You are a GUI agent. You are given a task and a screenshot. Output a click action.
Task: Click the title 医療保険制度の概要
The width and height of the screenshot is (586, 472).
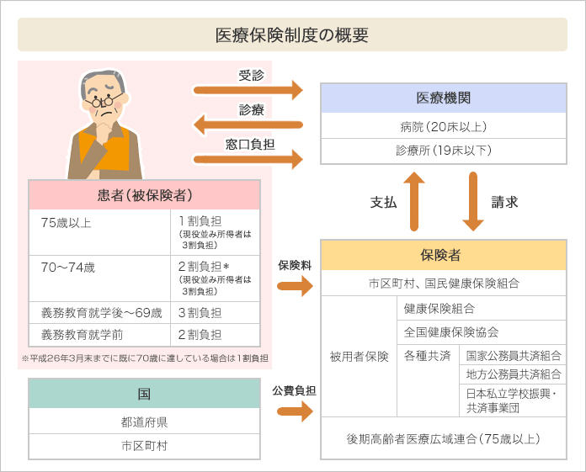point(292,35)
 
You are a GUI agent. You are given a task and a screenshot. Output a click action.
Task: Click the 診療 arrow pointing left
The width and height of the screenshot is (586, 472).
point(248,125)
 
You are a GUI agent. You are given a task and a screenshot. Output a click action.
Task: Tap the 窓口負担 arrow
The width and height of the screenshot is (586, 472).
point(248,158)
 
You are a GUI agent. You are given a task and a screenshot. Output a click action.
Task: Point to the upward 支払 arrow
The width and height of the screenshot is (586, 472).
point(414,201)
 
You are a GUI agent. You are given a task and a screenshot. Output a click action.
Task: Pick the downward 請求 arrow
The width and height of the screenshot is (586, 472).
point(473,201)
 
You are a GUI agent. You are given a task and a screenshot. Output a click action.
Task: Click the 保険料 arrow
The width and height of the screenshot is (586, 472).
point(294,286)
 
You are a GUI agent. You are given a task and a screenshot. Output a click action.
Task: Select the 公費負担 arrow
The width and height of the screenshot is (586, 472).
point(294,411)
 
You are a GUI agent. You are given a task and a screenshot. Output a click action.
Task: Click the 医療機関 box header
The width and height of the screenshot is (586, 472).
point(444,98)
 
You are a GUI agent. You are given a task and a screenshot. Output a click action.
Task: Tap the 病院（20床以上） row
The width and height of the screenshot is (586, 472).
point(444,127)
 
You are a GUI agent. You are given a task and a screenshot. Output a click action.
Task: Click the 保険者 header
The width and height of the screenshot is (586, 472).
point(444,255)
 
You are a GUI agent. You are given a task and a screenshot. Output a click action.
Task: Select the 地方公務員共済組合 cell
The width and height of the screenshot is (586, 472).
point(513,374)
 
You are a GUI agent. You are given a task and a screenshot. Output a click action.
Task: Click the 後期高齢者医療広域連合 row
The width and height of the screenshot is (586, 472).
point(444,438)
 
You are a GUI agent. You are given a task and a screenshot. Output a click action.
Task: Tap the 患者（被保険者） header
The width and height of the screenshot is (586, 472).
point(144,195)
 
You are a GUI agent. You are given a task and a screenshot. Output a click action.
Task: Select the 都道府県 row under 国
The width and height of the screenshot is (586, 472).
point(144,422)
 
